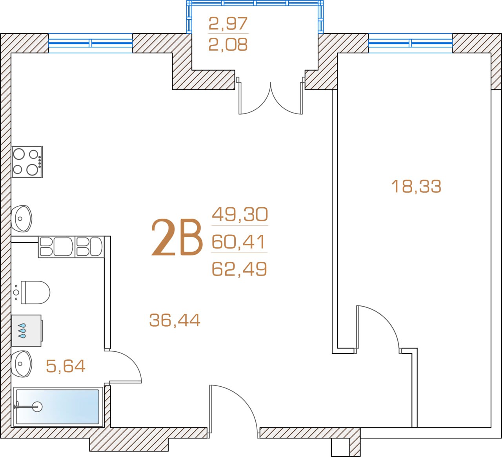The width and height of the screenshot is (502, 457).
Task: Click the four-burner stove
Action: (x=27, y=162)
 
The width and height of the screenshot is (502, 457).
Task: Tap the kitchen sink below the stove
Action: (x=22, y=218)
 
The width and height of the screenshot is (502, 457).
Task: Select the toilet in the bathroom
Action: (x=32, y=292)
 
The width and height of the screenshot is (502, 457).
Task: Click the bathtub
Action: (x=58, y=407)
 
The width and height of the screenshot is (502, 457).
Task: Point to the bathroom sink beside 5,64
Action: (x=22, y=364)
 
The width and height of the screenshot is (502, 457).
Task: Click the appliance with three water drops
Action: (x=27, y=331)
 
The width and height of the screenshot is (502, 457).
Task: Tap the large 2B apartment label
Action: (x=176, y=237)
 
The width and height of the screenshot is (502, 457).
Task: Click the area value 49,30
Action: (x=240, y=214)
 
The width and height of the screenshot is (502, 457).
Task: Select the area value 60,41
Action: (x=238, y=241)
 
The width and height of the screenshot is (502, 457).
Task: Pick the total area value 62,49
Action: (x=239, y=269)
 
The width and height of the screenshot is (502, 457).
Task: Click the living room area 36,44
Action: (x=175, y=320)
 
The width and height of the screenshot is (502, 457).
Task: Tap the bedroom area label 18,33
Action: (x=416, y=186)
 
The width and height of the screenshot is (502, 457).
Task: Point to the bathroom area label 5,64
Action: (x=65, y=366)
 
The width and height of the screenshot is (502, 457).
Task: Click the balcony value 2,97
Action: (x=228, y=24)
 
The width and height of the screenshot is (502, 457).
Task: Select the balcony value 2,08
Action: (x=228, y=44)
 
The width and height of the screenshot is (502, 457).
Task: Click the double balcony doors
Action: (x=271, y=97)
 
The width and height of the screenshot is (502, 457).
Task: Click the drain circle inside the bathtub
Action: (x=37, y=407)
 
